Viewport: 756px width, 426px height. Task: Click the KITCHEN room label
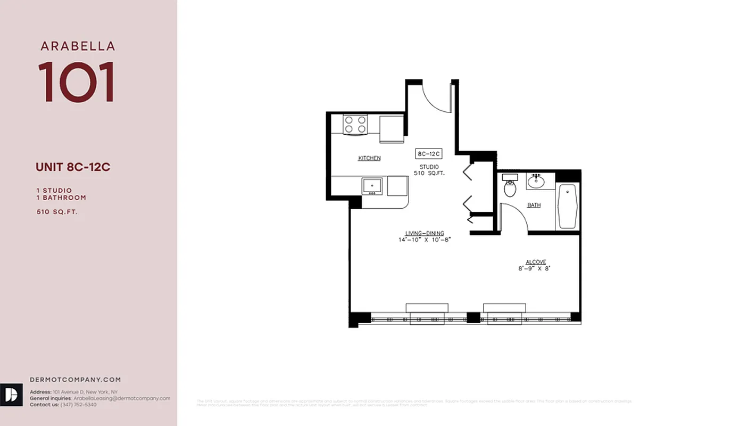(x=369, y=158)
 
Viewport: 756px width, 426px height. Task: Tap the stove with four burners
(x=355, y=125)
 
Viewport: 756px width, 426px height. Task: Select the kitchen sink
(x=372, y=186)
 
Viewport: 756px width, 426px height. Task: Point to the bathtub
(x=567, y=206)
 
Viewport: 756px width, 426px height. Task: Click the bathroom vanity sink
(x=536, y=182)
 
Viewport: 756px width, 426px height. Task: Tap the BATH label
(x=534, y=205)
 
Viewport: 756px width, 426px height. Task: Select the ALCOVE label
(x=536, y=262)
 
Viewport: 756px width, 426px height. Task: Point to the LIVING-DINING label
(x=425, y=233)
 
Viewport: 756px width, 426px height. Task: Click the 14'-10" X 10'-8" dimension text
(x=425, y=240)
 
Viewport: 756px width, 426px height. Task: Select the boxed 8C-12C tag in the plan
(x=429, y=154)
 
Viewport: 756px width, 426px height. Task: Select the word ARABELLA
(x=78, y=46)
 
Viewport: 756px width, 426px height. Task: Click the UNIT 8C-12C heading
(x=73, y=167)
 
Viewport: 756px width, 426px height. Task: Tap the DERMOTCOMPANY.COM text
(x=75, y=380)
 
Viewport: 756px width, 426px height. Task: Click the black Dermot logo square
(x=11, y=395)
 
